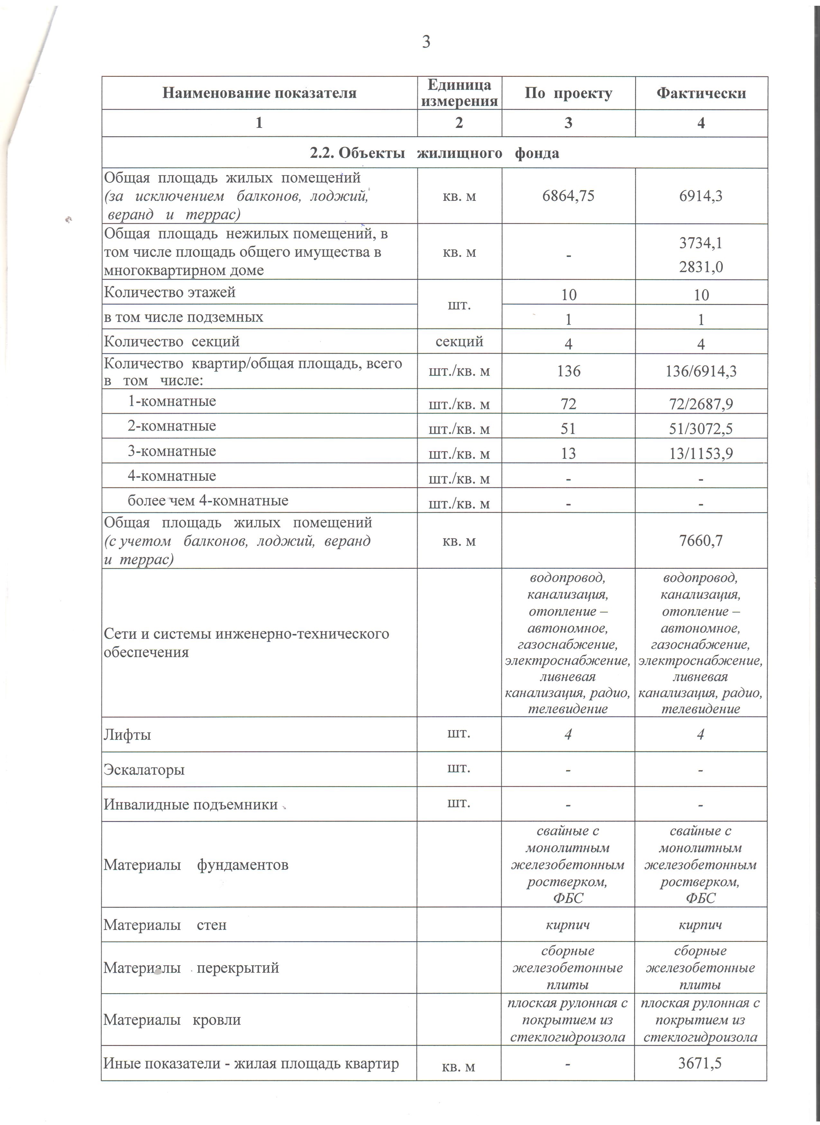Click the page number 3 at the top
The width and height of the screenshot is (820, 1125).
pos(426,42)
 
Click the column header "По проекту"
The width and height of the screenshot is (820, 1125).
pos(568,93)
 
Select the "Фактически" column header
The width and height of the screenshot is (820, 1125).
pos(701,93)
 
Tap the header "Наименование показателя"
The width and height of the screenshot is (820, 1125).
pos(259,93)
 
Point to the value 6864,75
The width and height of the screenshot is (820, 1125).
pos(568,196)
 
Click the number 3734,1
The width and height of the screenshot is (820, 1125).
pos(701,243)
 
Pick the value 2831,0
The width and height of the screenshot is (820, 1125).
pos(701,267)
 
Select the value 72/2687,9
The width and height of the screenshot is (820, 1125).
pos(701,404)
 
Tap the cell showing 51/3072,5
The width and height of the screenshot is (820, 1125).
pos(701,429)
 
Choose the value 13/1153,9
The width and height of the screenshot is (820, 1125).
pos(701,453)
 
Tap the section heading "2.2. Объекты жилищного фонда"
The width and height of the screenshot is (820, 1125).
pos(434,153)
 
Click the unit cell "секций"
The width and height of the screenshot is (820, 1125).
pos(459,341)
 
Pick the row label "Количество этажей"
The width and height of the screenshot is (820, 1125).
pos(170,292)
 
